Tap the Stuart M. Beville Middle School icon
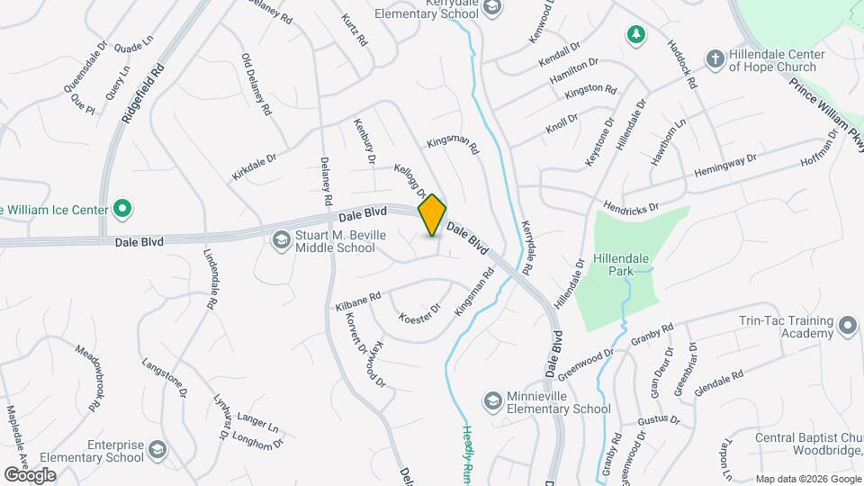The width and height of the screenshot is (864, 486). pos(280,238)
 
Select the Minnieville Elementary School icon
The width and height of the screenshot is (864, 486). pos(492,399)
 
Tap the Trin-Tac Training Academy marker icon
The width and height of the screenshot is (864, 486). pos(847,325)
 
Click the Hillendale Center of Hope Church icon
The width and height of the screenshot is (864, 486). pos(715,58)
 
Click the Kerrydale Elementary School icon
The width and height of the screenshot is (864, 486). pos(492,7)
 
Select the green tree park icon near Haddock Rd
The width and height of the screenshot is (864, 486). pos(636,34)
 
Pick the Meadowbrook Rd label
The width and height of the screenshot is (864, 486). pos(85,379)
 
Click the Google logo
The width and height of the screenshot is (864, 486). pos(30,475)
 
